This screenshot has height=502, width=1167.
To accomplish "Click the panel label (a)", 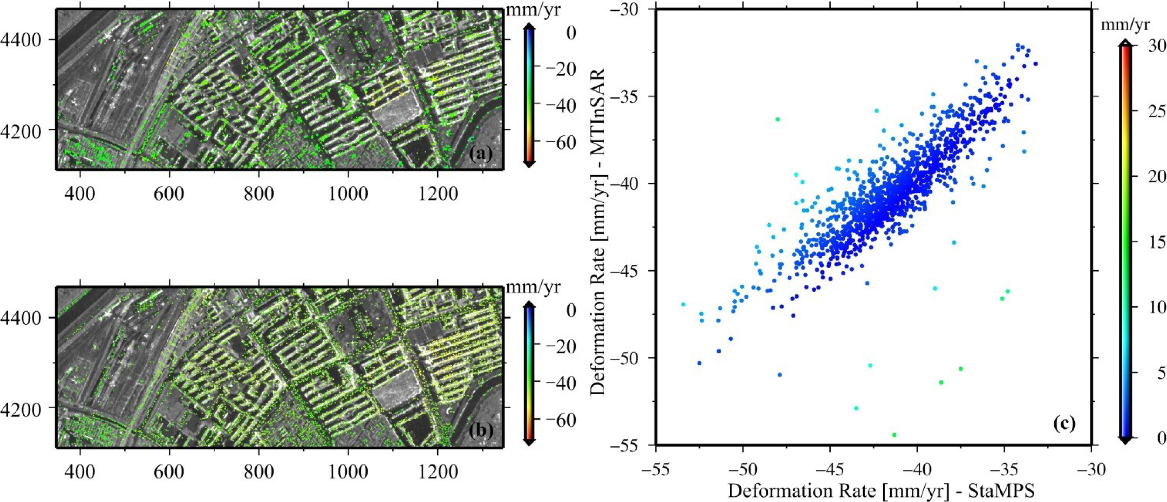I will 480,155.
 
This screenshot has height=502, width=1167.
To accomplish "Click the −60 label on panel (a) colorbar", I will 559,142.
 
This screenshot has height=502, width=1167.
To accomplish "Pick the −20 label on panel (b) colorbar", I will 559,347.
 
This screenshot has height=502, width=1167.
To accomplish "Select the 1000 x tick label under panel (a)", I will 348,193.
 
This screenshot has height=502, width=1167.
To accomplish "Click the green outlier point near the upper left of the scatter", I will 778,119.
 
